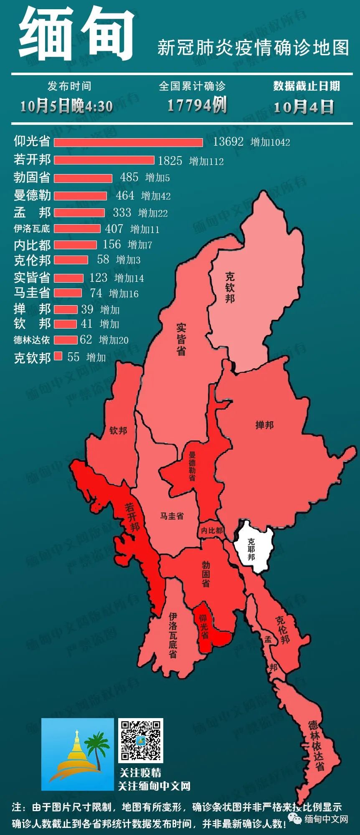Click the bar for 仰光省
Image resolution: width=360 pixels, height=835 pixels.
point(128,143)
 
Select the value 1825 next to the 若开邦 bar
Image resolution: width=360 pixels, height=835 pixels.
point(170,161)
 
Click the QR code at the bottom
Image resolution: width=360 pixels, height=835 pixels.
point(140,740)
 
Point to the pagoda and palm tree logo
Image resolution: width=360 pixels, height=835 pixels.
point(78,754)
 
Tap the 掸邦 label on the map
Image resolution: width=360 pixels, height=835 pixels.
point(264,425)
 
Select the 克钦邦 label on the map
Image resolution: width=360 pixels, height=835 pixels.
point(230,287)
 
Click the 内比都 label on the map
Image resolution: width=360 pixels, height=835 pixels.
point(211,530)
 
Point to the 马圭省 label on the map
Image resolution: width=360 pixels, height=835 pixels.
point(172,516)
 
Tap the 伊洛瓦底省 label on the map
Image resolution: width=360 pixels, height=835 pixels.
point(172,635)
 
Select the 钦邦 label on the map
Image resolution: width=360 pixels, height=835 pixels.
point(118,430)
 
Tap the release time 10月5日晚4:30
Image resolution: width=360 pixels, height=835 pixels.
point(67,106)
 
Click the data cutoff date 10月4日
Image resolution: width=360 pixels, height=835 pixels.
point(304,107)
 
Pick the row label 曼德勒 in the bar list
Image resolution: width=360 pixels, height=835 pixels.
point(32,195)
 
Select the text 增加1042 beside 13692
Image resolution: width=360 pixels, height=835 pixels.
point(270,142)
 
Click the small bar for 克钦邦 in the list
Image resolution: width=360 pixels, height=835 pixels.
point(58,356)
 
